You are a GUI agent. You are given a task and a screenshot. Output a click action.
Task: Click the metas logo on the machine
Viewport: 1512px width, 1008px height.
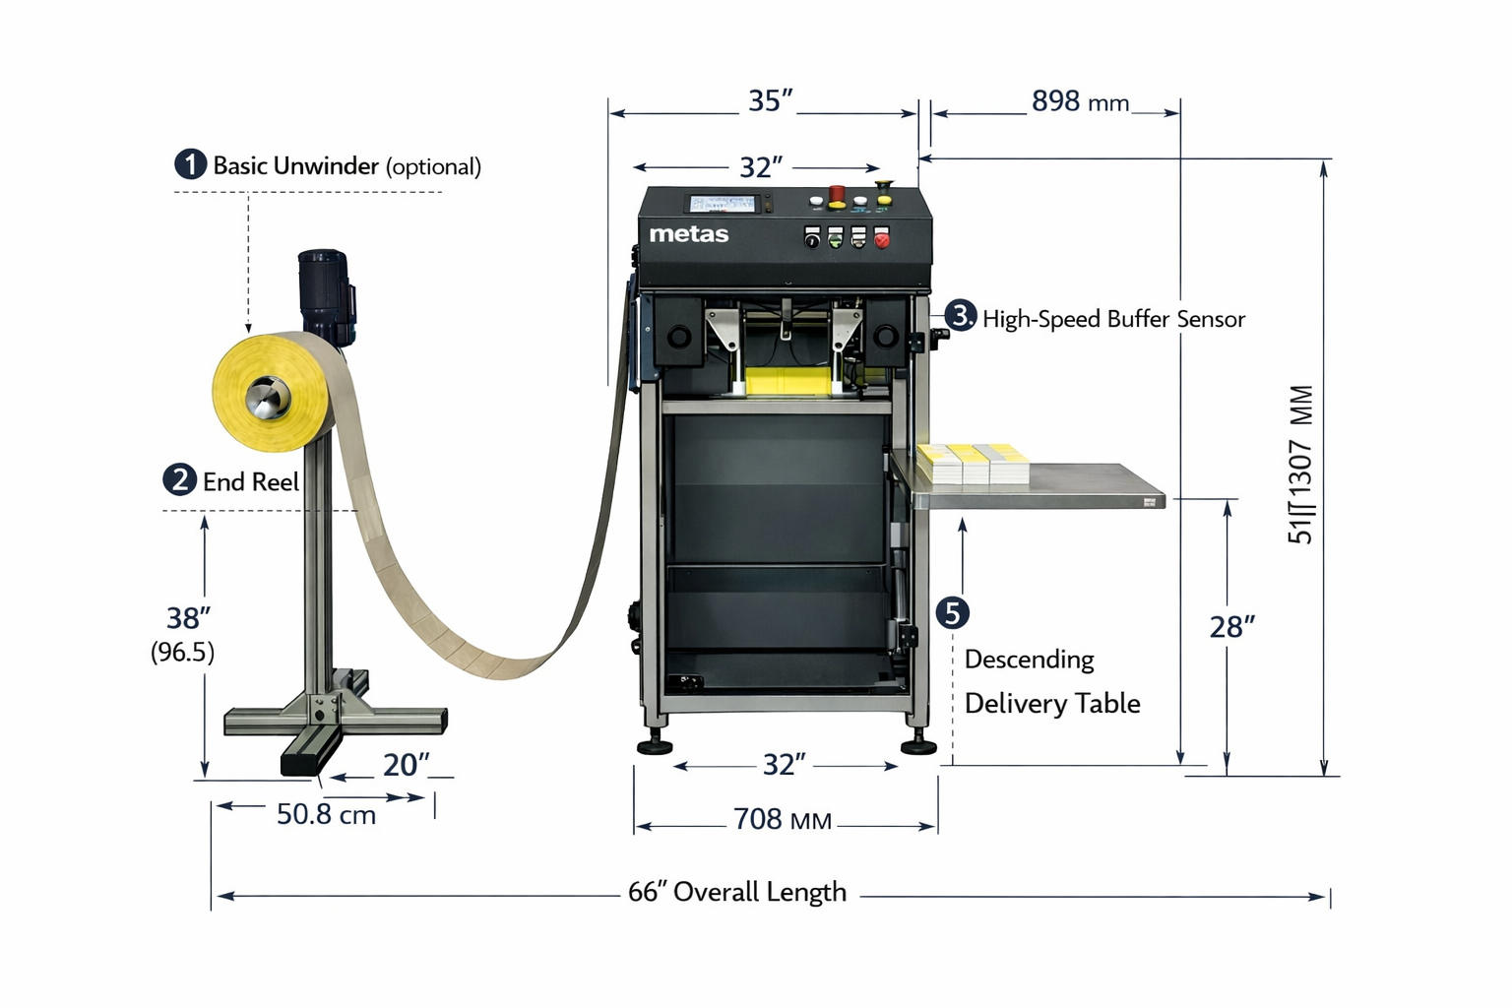688,234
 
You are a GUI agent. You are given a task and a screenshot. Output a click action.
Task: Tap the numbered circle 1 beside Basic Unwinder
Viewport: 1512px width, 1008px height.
190,164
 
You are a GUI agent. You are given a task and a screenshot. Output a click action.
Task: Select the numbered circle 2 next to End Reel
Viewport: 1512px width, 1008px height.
179,480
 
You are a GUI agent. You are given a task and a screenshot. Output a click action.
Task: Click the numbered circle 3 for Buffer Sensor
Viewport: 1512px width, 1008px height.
960,316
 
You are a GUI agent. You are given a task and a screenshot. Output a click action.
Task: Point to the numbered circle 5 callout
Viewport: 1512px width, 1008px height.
952,612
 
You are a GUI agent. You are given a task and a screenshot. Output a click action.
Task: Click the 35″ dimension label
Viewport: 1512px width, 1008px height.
770,100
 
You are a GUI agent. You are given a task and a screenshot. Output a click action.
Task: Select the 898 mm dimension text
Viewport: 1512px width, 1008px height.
1080,101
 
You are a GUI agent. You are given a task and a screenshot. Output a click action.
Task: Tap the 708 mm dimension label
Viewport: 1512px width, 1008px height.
783,819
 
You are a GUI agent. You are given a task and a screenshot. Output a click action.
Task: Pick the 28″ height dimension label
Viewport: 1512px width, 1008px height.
1231,627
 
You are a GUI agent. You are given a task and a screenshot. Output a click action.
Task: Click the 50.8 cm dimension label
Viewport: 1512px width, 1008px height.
326,814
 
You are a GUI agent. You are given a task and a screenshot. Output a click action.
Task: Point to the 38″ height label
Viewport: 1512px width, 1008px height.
187,618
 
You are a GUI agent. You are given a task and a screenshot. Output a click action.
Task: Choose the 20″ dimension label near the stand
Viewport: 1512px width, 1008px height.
406,764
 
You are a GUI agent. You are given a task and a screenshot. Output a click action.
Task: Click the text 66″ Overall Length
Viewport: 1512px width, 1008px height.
737,892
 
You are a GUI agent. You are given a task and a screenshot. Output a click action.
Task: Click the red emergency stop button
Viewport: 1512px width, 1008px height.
836,193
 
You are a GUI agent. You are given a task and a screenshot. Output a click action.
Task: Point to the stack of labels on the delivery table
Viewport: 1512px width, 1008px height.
972,463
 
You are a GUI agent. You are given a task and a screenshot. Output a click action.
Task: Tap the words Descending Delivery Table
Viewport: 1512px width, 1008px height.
1051,681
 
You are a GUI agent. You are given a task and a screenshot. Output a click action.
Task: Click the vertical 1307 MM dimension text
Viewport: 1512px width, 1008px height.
1300,463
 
